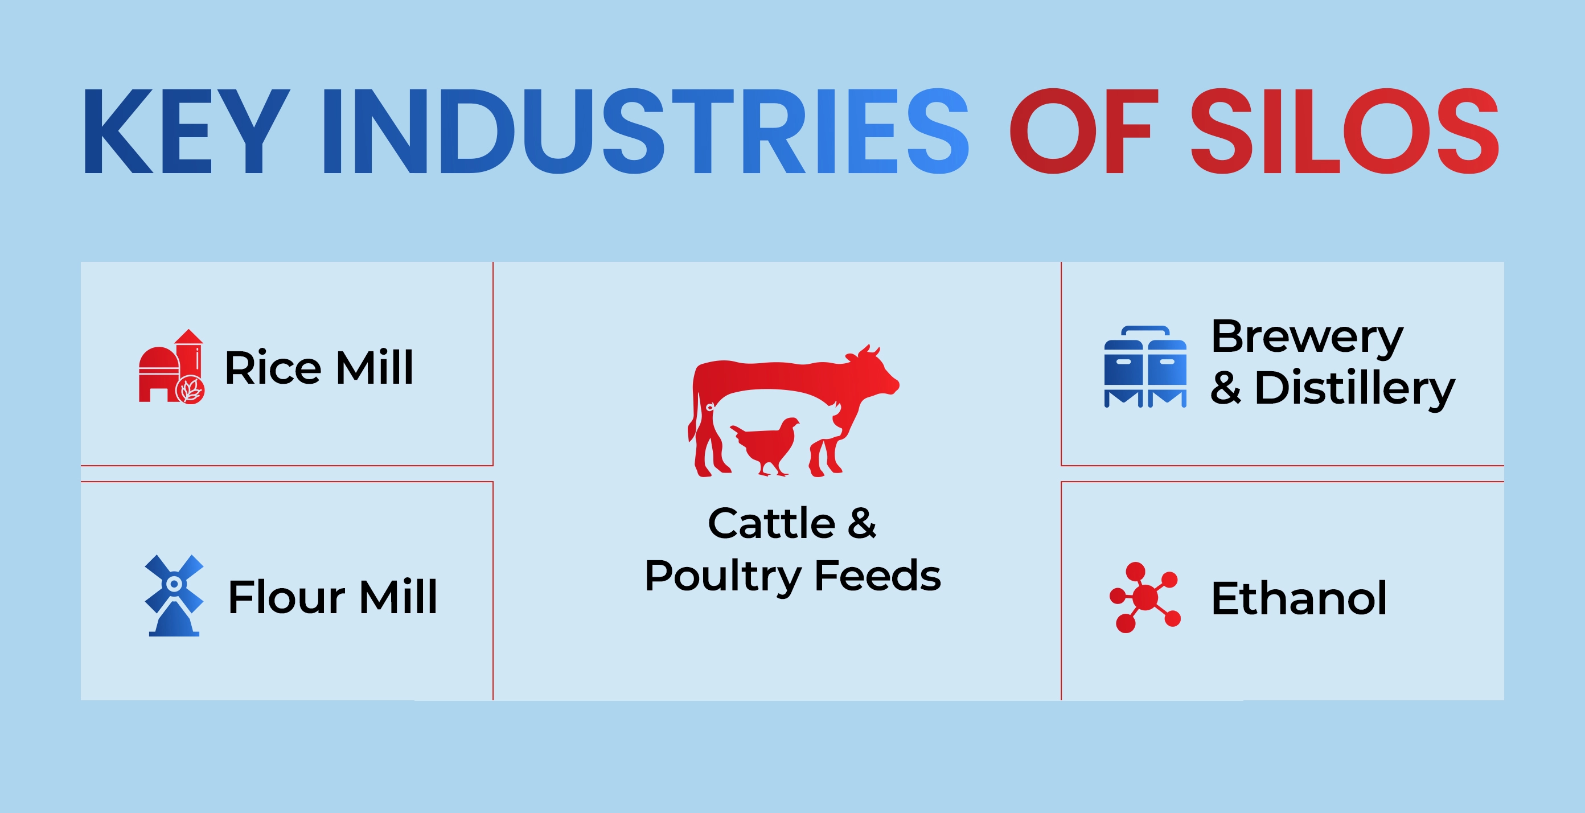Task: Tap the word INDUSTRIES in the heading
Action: click(x=646, y=131)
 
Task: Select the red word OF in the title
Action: click(x=1084, y=131)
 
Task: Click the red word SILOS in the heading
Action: click(x=1346, y=131)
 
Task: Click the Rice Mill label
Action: click(x=319, y=368)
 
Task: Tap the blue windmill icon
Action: click(x=174, y=595)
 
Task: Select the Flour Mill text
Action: click(x=332, y=597)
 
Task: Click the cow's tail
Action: click(x=693, y=412)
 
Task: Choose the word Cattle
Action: click(x=771, y=524)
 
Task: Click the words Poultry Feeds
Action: click(x=792, y=577)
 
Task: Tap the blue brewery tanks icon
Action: click(x=1145, y=367)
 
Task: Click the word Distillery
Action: click(x=1355, y=390)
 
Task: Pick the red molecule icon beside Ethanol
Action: click(x=1145, y=597)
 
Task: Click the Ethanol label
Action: click(x=1299, y=598)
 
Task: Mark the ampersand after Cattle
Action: click(x=862, y=524)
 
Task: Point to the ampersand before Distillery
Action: click(x=1226, y=388)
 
